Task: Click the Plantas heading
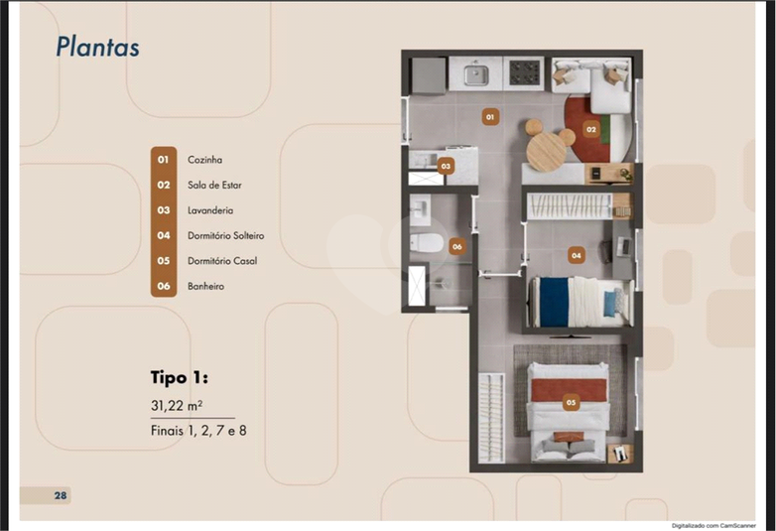pos(97,47)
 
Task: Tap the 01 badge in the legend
pos(164,160)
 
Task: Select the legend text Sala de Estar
pos(214,185)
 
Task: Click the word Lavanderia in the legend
pos(210,210)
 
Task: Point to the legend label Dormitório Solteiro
pos(225,235)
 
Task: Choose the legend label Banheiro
pos(205,286)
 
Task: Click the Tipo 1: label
pos(180,377)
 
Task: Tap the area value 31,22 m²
pos(177,405)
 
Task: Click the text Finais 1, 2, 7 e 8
pos(198,431)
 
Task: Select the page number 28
pos(61,495)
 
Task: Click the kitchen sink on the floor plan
pos(476,74)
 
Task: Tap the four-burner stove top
pos(524,72)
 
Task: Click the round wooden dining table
pos(547,151)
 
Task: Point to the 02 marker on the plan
pos(590,129)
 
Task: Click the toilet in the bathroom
pos(426,242)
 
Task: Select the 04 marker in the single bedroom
pos(577,255)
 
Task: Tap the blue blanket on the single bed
pos(554,302)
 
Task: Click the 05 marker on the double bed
pos(571,402)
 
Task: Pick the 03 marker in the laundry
pos(446,167)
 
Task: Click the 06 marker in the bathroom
pos(456,246)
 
